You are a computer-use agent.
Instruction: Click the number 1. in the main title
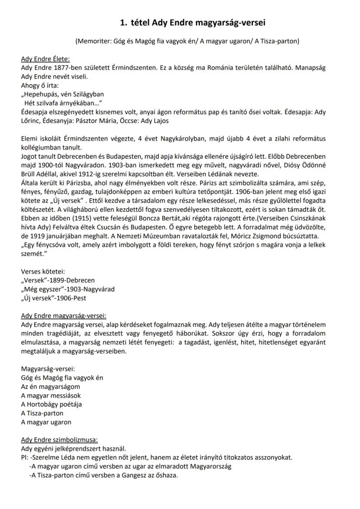tap(123, 23)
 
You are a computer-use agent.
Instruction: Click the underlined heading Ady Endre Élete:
tap(45, 60)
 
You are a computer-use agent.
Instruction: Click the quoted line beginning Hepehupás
tap(63, 94)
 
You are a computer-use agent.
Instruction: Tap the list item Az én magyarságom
tap(50, 387)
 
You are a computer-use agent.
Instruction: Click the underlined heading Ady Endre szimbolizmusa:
tap(60, 440)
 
